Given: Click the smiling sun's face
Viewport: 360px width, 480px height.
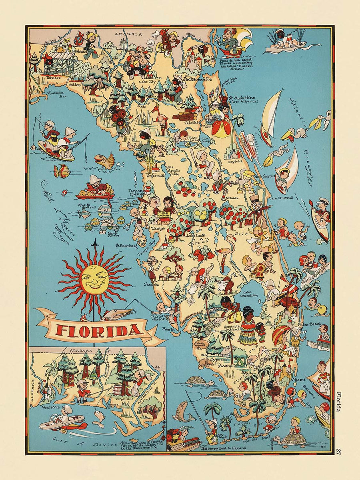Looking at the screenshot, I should (x=94, y=279).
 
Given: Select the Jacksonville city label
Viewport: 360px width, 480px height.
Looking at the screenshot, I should (x=197, y=79).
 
